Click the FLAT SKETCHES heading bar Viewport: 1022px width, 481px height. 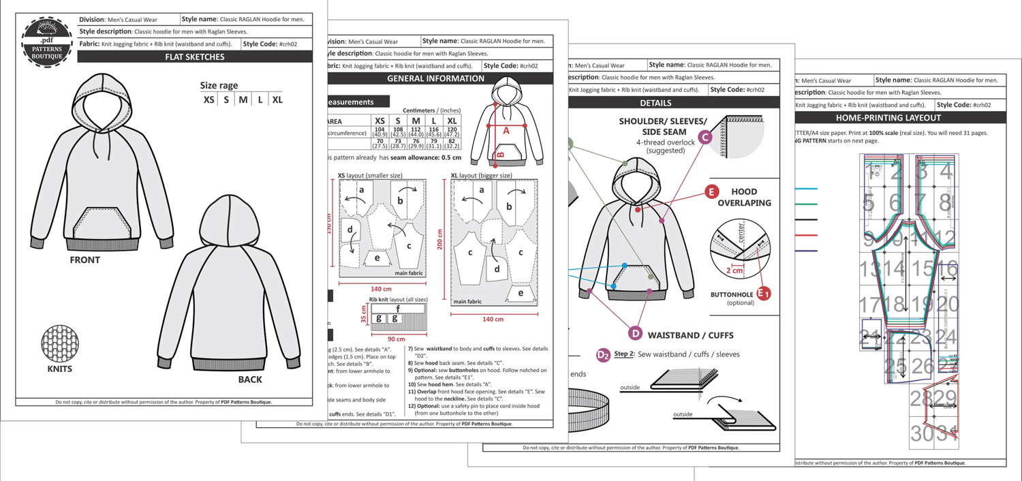(x=195, y=57)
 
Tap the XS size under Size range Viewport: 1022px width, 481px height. (x=209, y=99)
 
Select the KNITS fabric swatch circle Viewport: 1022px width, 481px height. (x=60, y=343)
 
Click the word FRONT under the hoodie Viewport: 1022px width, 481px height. (x=84, y=260)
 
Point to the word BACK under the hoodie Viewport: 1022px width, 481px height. (x=250, y=379)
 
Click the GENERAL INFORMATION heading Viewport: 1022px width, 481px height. (x=435, y=78)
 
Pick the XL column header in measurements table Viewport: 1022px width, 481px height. (x=452, y=121)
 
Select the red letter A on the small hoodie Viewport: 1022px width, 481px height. (x=506, y=130)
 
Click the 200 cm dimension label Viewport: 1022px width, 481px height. (x=440, y=239)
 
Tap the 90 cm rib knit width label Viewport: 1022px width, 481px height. (x=395, y=339)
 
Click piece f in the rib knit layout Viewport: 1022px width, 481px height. (x=397, y=309)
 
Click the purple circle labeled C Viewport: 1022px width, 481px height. (x=706, y=138)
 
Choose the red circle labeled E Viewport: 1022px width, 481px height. (x=711, y=192)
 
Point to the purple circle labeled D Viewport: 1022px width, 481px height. (x=635, y=333)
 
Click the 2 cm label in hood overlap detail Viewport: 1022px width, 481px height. (x=734, y=270)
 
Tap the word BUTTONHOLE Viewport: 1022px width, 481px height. (x=732, y=294)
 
